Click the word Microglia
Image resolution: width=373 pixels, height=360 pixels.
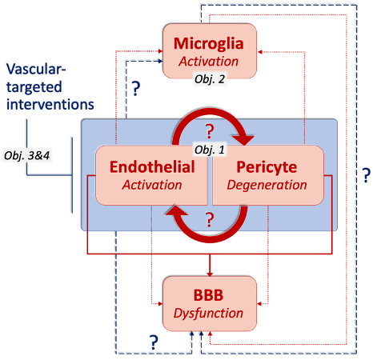point(209,44)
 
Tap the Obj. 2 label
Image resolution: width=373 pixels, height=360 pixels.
point(210,79)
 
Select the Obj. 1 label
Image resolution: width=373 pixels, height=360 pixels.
point(210,150)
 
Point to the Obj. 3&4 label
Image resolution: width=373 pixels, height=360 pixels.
point(27,155)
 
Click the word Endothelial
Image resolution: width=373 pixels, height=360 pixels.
point(152,167)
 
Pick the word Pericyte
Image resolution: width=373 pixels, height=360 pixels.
point(267,167)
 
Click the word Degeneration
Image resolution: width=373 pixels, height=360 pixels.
point(267,185)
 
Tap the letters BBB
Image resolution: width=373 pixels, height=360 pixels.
point(208,295)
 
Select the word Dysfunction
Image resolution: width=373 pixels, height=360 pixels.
point(208,314)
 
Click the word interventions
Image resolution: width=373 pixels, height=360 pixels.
point(50,104)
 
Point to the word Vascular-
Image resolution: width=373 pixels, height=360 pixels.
point(36,69)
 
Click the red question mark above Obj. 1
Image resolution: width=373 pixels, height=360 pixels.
point(210,131)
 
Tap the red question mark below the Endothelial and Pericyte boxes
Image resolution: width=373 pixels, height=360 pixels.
point(210,219)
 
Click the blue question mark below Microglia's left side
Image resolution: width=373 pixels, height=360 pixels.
point(136,89)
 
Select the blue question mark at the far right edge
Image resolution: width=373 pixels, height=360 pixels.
point(367,175)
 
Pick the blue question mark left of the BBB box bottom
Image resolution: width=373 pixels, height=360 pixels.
point(154,342)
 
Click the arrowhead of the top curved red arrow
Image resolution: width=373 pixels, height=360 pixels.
point(243,140)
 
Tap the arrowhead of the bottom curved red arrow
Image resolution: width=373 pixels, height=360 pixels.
point(176,210)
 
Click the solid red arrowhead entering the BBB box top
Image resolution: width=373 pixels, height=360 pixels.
point(210,274)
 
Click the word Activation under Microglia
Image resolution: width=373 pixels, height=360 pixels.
point(209,62)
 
